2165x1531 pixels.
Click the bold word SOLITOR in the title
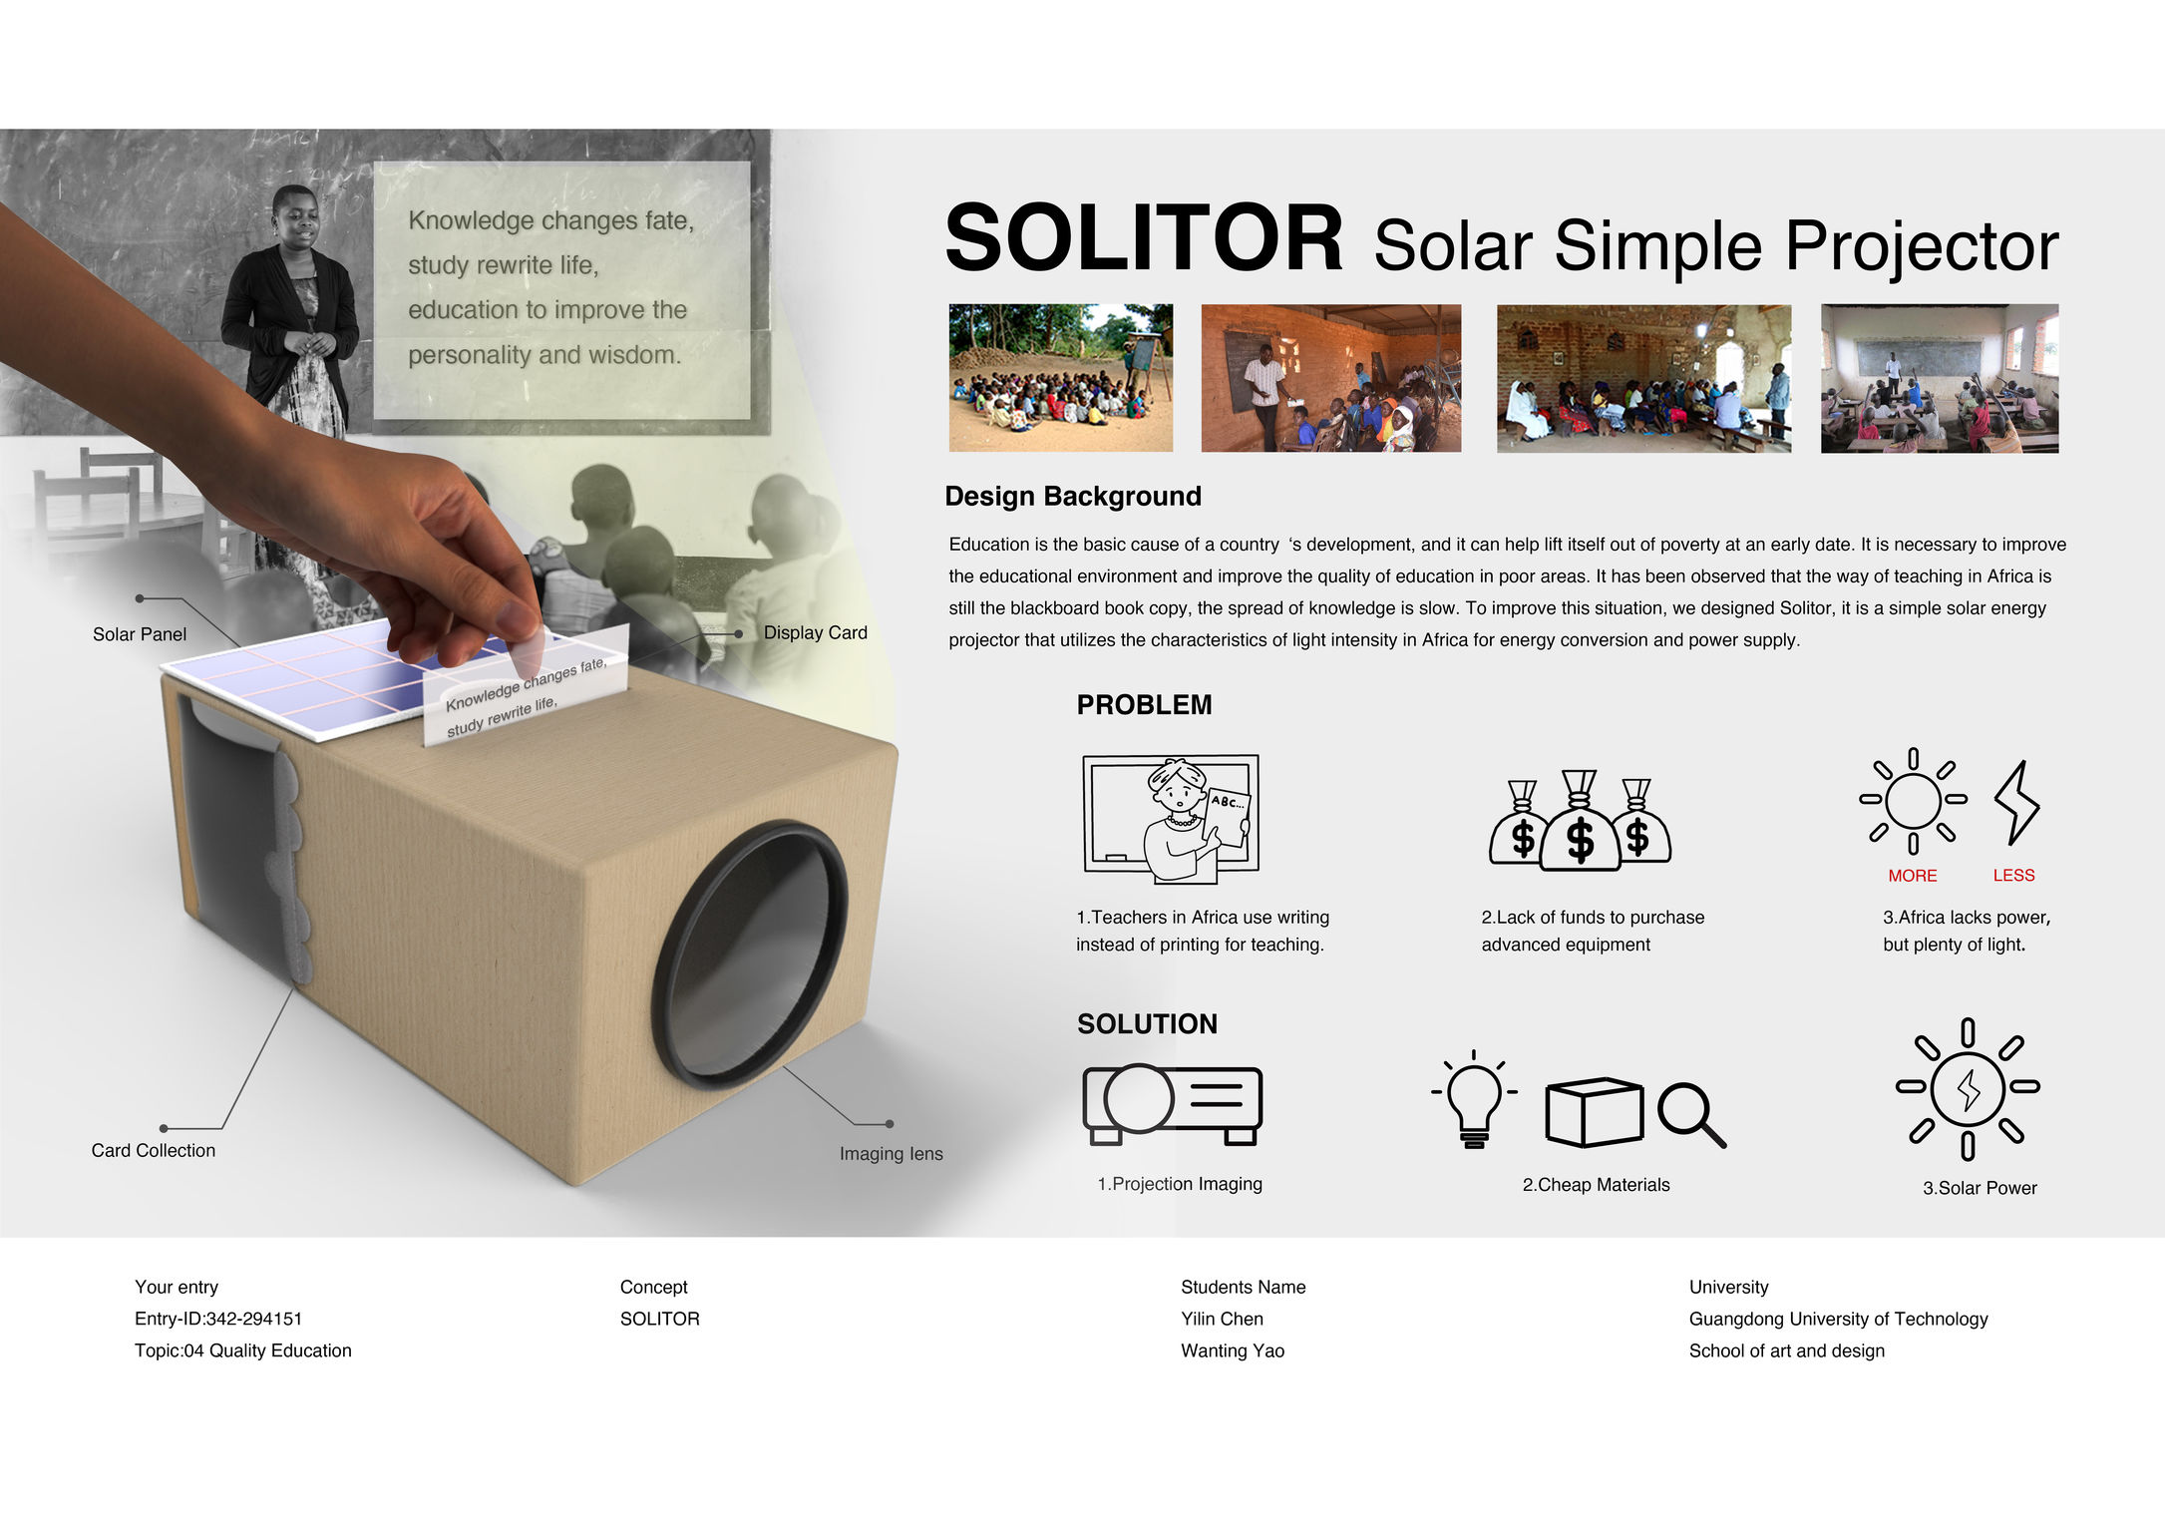(x=1144, y=238)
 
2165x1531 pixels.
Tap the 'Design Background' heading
(x=1073, y=496)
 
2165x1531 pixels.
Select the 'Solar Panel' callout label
(x=140, y=634)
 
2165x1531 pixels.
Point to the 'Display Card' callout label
(x=815, y=632)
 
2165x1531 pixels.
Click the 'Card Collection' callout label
(x=154, y=1150)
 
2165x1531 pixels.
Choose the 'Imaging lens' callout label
(x=891, y=1154)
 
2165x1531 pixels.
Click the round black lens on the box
(x=750, y=953)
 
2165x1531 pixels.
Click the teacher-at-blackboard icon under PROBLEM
(x=1171, y=819)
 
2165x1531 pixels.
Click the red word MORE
(x=1912, y=876)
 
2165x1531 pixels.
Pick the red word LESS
(x=2013, y=875)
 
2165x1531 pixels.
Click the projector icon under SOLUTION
(x=1172, y=1104)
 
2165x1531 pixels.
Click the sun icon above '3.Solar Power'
(x=1968, y=1088)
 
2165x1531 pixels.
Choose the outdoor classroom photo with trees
(x=1060, y=378)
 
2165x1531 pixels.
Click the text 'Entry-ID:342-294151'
(x=218, y=1319)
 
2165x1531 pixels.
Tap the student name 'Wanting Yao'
(x=1233, y=1350)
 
